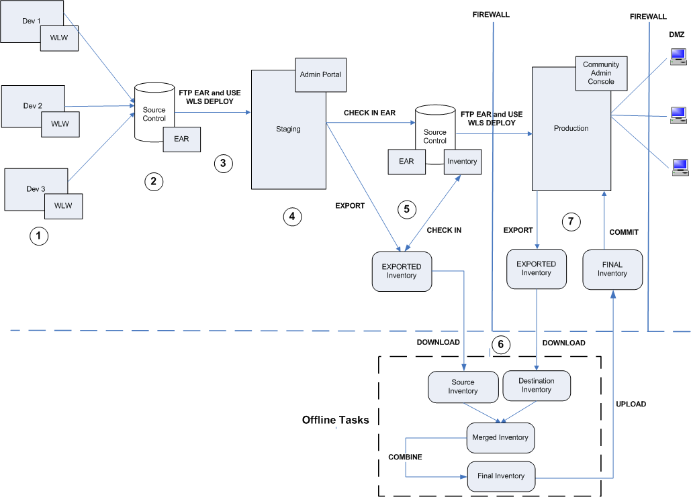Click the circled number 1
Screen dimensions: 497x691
pos(39,236)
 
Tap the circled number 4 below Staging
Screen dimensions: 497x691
pos(291,216)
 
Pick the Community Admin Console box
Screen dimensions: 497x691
pos(601,73)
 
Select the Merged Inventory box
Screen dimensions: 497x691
pos(500,437)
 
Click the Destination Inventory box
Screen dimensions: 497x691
pos(537,386)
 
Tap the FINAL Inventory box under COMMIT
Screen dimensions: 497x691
pos(612,269)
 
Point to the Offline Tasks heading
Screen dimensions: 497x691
pos(336,420)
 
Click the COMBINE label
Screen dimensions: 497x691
pos(405,457)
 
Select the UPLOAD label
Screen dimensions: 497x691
pos(631,404)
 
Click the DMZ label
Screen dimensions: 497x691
pos(677,34)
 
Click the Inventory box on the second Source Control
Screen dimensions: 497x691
pos(462,162)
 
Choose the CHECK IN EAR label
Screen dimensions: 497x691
pos(369,113)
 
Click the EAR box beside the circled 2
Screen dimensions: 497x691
pos(181,139)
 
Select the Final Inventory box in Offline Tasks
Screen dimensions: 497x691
pos(500,476)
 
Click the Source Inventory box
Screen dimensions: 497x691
pos(463,386)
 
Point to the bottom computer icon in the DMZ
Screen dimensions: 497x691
pos(680,167)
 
